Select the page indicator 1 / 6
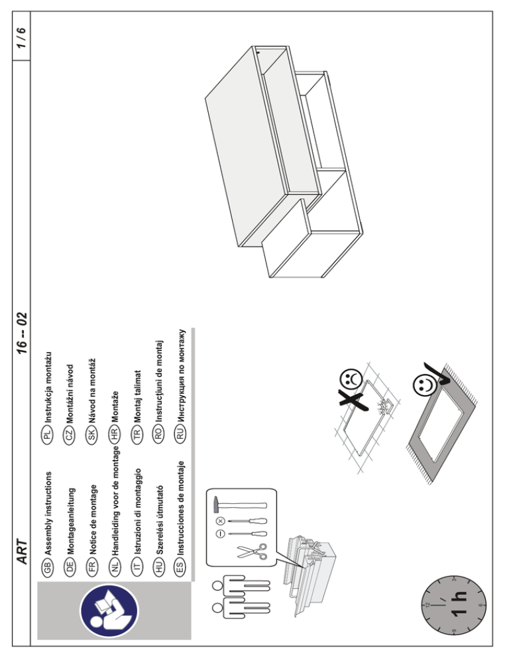point(21,33)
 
